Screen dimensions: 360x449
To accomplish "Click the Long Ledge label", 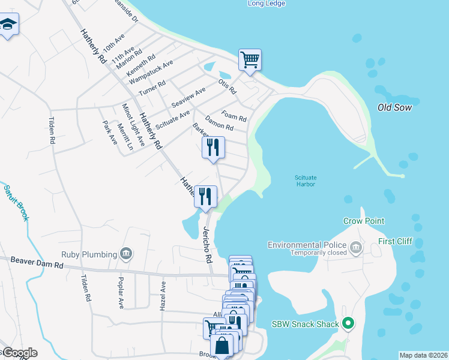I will click(267, 4).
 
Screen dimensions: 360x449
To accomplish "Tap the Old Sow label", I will click(393, 107).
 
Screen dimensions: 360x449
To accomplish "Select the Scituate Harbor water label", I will click(306, 181).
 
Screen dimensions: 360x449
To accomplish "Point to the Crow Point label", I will click(364, 221).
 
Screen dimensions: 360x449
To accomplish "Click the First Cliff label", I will click(395, 241).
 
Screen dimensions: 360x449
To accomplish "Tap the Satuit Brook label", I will click(16, 203).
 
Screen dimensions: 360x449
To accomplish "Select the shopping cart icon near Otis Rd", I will click(250, 59).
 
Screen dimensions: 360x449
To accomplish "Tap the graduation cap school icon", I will click(8, 25).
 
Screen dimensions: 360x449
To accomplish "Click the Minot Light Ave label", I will click(133, 125).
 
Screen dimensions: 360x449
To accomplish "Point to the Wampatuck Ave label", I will click(151, 71).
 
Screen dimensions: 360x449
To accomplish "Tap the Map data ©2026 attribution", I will click(423, 355).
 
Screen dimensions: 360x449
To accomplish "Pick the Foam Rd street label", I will click(234, 115).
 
